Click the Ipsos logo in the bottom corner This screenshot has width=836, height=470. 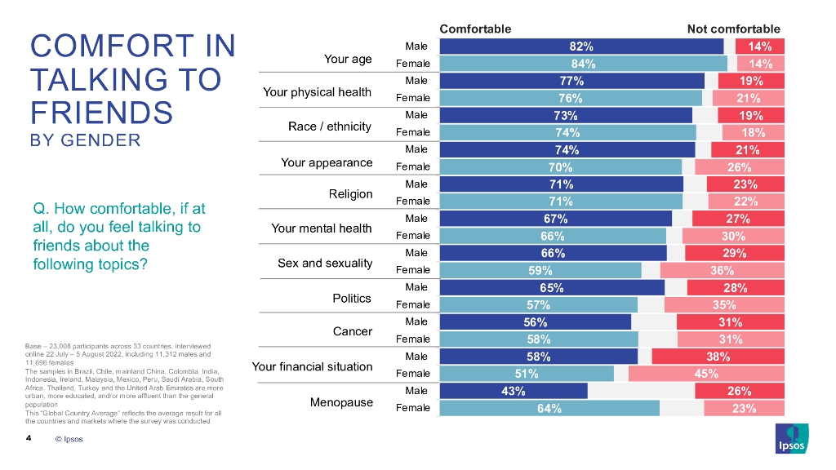[790, 438]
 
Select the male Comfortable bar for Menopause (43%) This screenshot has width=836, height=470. [513, 391]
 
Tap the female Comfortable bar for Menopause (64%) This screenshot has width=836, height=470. [549, 409]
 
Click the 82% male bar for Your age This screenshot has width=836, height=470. [581, 47]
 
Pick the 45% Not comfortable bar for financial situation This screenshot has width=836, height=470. [706, 374]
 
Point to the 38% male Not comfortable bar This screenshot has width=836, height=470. [718, 357]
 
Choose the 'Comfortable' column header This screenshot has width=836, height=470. [475, 29]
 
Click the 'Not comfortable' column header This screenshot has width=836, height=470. [733, 29]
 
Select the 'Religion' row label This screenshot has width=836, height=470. [350, 194]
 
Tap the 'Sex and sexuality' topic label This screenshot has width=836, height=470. [325, 263]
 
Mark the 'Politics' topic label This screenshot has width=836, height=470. [352, 299]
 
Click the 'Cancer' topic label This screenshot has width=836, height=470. [353, 331]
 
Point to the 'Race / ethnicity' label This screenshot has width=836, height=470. [330, 126]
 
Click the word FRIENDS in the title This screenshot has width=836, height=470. [101, 111]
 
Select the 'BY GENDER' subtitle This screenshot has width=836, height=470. [85, 140]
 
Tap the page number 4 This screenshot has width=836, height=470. [29, 439]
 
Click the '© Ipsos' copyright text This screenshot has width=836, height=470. [69, 439]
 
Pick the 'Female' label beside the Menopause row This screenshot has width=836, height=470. [412, 408]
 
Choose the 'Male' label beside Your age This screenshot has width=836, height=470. [416, 46]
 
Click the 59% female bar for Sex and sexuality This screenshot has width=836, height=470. [540, 270]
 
